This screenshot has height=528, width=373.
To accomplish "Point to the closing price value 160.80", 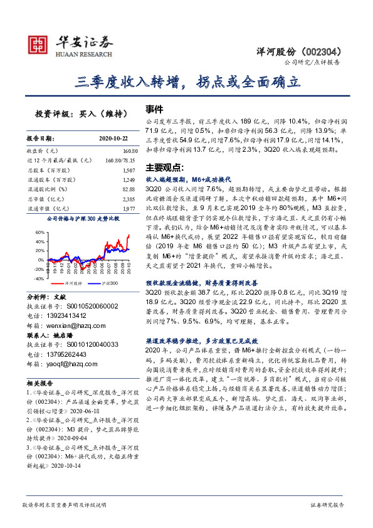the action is (129, 151).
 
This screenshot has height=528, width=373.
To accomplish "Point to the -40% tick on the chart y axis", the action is (38, 278).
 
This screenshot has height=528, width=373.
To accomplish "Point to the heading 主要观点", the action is (164, 167).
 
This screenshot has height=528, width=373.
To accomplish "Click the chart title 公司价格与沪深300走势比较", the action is (82, 219).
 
